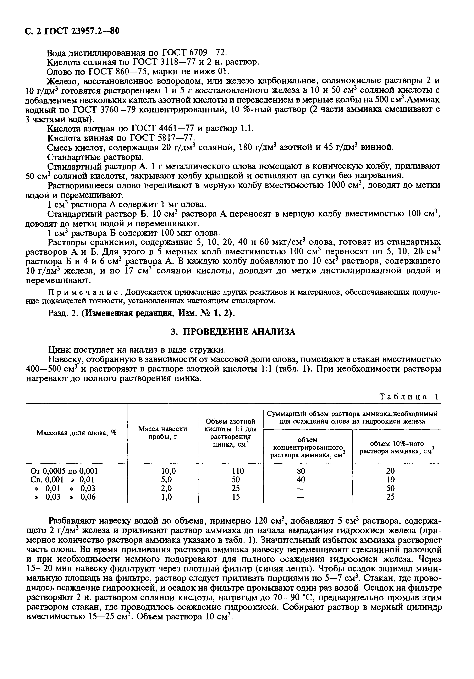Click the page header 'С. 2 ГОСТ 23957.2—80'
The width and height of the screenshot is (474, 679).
click(71, 31)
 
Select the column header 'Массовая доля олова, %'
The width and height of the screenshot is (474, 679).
click(76, 433)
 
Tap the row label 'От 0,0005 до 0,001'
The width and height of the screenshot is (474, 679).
click(64, 470)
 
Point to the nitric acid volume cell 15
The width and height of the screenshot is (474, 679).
click(236, 497)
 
